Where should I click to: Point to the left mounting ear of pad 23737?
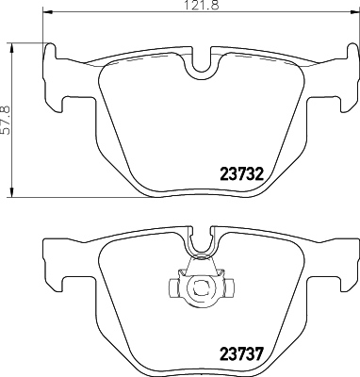(54, 268)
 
